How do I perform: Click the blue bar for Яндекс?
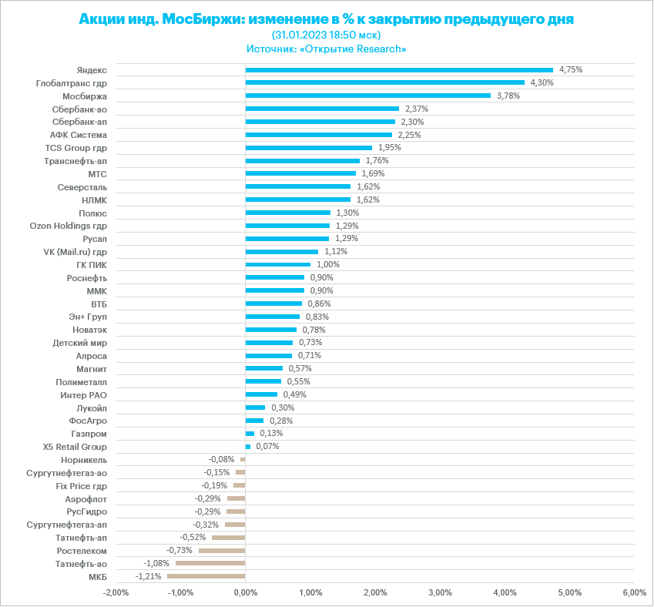[x=399, y=69]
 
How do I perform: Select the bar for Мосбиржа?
[x=367, y=96]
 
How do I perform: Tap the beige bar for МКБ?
[x=206, y=576]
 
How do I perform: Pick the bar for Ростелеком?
[x=221, y=550]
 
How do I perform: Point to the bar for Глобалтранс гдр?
[x=384, y=82]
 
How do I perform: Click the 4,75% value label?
[x=571, y=69]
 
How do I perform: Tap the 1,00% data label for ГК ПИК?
[x=328, y=264]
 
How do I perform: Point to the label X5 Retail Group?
[x=75, y=447]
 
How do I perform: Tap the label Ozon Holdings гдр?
[x=68, y=226]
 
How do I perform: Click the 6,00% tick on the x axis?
[x=633, y=592]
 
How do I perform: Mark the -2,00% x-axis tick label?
[x=115, y=592]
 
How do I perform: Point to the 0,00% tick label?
[x=245, y=592]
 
